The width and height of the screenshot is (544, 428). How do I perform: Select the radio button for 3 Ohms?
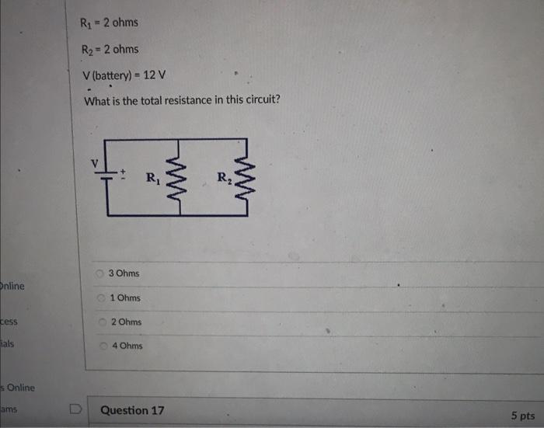pyautogui.click(x=100, y=273)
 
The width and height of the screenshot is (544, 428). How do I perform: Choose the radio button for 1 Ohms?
pyautogui.click(x=102, y=298)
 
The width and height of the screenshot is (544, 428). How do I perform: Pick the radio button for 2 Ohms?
pyautogui.click(x=103, y=322)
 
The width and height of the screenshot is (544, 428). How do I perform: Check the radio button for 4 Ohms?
pyautogui.click(x=105, y=346)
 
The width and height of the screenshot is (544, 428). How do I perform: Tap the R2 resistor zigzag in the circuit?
pyautogui.click(x=246, y=179)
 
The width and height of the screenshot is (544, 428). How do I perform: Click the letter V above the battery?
pyautogui.click(x=96, y=164)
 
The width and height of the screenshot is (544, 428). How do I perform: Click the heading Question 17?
pyautogui.click(x=132, y=410)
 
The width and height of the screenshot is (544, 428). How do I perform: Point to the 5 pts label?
pyautogui.click(x=522, y=416)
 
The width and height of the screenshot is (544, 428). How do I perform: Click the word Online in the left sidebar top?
pyautogui.click(x=12, y=286)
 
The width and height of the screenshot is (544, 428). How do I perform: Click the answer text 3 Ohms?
pyautogui.click(x=124, y=273)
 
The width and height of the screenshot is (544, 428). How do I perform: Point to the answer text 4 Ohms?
pyautogui.click(x=127, y=346)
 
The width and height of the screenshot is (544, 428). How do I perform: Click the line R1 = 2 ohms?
pyautogui.click(x=109, y=22)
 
